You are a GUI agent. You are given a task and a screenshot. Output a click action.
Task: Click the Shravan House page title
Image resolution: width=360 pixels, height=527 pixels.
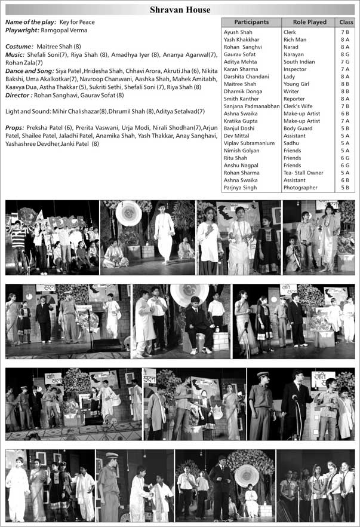pos(180,10)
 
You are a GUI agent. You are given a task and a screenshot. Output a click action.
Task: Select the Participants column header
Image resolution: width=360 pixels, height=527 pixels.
pos(251,22)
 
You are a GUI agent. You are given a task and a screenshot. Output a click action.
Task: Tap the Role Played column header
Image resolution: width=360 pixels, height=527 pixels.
pos(309,22)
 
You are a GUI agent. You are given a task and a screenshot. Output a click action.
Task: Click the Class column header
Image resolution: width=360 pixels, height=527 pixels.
pos(346,22)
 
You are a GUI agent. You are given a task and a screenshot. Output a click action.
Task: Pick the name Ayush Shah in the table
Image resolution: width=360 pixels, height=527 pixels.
pos(237,32)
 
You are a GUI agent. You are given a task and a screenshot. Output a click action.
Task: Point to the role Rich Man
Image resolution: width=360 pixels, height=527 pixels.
pos(297,39)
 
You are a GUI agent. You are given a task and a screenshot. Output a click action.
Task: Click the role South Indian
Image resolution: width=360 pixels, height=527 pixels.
pos(301,62)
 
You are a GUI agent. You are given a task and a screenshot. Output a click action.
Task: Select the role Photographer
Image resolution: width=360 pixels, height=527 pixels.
pos(300,188)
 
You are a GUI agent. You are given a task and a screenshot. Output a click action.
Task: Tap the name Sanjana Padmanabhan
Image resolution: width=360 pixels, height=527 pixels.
pos(251,106)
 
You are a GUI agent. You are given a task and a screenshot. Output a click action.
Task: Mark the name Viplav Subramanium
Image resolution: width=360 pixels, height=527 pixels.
pos(248,143)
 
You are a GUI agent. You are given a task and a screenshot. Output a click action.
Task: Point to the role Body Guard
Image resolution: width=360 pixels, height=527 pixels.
pos(298,128)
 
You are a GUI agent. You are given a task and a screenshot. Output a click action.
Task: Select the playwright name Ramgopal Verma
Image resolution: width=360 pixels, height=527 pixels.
pos(64,30)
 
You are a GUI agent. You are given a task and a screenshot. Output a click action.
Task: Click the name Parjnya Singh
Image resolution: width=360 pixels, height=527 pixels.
pos(240,188)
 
